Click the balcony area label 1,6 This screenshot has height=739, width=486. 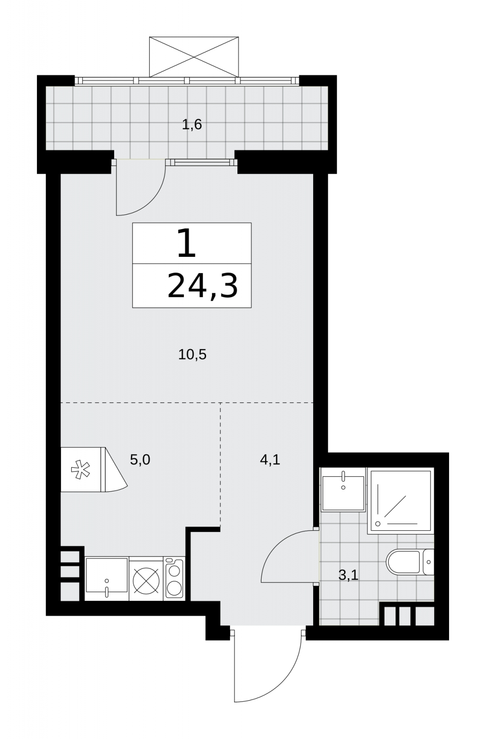coord(192,125)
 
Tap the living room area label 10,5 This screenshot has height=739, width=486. coord(192,355)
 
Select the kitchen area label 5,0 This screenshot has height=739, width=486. coord(140,460)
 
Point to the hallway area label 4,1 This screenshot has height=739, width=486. coord(270,460)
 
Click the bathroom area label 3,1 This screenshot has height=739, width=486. coord(348,575)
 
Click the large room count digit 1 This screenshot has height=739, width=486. coord(187,243)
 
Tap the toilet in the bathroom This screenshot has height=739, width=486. coord(410,562)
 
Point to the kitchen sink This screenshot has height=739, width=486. coord(107,579)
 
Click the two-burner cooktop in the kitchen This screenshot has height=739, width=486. coord(174,579)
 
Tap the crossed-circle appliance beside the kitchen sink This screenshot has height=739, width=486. coord(146,579)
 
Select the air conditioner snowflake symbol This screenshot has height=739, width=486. coord(80,471)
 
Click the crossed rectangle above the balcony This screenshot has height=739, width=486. coord(194,57)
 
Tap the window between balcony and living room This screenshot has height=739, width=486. coord(201,162)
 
